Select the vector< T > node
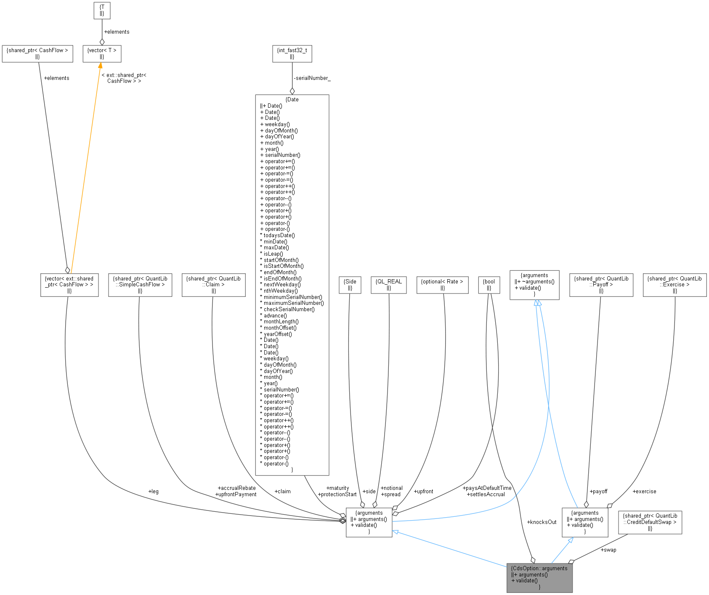[102, 53]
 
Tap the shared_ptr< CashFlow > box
[37, 53]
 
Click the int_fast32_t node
[292, 53]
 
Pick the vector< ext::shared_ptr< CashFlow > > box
[69, 285]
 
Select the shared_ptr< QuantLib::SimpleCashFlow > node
[140, 285]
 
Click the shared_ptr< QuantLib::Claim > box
[213, 285]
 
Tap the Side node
[350, 285]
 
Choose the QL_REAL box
[389, 285]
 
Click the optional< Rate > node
[442, 285]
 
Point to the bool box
[489, 285]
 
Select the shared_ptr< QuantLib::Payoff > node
[601, 285]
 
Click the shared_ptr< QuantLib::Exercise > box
[674, 285]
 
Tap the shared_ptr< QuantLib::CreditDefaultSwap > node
[650, 522]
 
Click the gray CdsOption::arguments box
[539, 577]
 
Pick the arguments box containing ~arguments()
[534, 285]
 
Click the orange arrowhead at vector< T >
[100, 66]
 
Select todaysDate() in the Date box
[279, 235]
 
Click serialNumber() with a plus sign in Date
[282, 155]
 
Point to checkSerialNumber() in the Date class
[289, 309]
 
